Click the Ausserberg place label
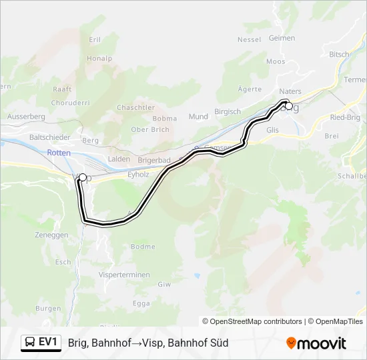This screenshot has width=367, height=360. (26, 116)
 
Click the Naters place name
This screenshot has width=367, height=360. (290, 91)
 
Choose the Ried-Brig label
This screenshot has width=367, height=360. (344, 117)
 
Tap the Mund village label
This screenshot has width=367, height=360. (198, 116)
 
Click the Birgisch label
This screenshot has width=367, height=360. (228, 111)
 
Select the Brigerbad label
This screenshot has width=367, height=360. (155, 161)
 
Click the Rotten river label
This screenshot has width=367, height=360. (59, 153)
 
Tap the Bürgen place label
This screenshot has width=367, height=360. (48, 309)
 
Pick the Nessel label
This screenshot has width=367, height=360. (249, 39)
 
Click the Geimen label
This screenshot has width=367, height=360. (282, 38)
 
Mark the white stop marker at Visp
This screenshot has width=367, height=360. (83, 177)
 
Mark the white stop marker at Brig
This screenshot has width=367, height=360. (288, 105)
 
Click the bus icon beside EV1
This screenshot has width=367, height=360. (30, 343)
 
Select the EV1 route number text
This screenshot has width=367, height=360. (48, 343)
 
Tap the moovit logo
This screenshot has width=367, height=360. (316, 343)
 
